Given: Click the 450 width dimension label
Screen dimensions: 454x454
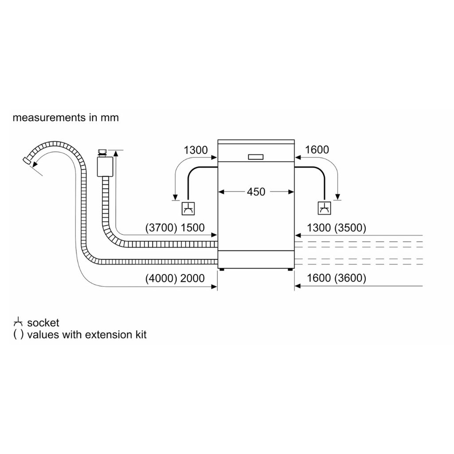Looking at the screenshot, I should point(256,192).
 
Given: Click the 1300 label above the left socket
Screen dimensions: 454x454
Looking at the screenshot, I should point(196,150).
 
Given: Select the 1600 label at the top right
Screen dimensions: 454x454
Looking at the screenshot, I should point(317,150).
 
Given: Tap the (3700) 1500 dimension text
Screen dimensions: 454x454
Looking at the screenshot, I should point(175,228).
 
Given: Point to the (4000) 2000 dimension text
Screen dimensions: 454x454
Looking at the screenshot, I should point(175,278).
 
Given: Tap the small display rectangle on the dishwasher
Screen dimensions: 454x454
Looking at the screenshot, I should point(256,157).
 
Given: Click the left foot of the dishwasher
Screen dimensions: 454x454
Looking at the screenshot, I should point(220,268).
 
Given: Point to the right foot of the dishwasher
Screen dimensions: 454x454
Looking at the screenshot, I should point(291,268).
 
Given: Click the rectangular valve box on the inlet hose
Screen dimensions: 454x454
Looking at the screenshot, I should point(105,167).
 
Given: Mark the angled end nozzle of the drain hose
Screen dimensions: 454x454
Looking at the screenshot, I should point(28,163).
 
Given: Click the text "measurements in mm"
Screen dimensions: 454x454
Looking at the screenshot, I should point(66,118).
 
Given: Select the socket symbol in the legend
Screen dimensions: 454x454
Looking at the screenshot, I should point(18,322).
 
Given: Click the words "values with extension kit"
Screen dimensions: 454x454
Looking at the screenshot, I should point(86,334).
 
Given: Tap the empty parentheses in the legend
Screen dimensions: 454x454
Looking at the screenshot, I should point(18,334).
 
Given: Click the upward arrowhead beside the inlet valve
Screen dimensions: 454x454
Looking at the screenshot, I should point(117,153).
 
